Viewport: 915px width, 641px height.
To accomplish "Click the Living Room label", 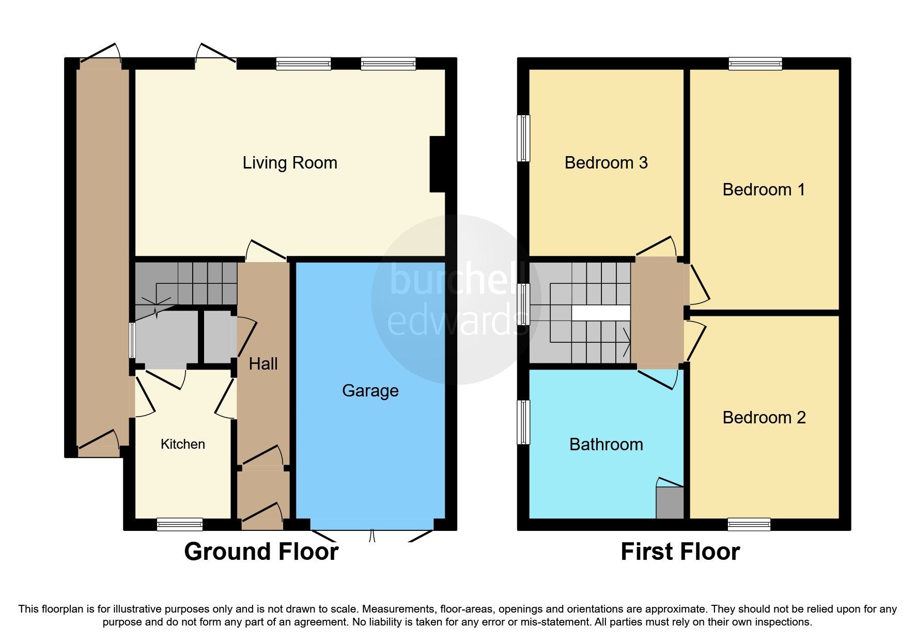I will click(290, 163).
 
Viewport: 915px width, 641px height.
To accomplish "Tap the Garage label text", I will click(370, 391).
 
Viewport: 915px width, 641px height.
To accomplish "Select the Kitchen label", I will click(182, 444).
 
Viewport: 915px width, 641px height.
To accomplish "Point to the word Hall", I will click(263, 364).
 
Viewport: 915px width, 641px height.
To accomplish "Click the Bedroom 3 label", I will click(606, 163).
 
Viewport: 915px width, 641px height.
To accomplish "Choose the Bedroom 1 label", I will click(763, 190).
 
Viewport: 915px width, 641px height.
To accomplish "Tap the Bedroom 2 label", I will click(764, 418).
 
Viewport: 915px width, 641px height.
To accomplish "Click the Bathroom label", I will click(606, 445).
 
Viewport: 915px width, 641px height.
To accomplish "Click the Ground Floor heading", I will click(261, 552).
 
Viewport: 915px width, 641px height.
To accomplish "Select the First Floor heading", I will click(680, 552).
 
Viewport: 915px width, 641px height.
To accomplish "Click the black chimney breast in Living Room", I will click(437, 164).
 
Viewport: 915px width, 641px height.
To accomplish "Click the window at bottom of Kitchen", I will click(180, 525).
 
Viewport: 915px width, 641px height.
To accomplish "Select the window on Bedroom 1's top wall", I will click(755, 64).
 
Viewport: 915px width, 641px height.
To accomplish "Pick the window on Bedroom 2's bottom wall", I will click(749, 525).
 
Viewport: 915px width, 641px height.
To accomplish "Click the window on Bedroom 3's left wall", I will click(523, 138).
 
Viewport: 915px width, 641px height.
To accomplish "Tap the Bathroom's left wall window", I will click(523, 422).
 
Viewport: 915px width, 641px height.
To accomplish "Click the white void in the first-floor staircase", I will click(601, 313).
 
